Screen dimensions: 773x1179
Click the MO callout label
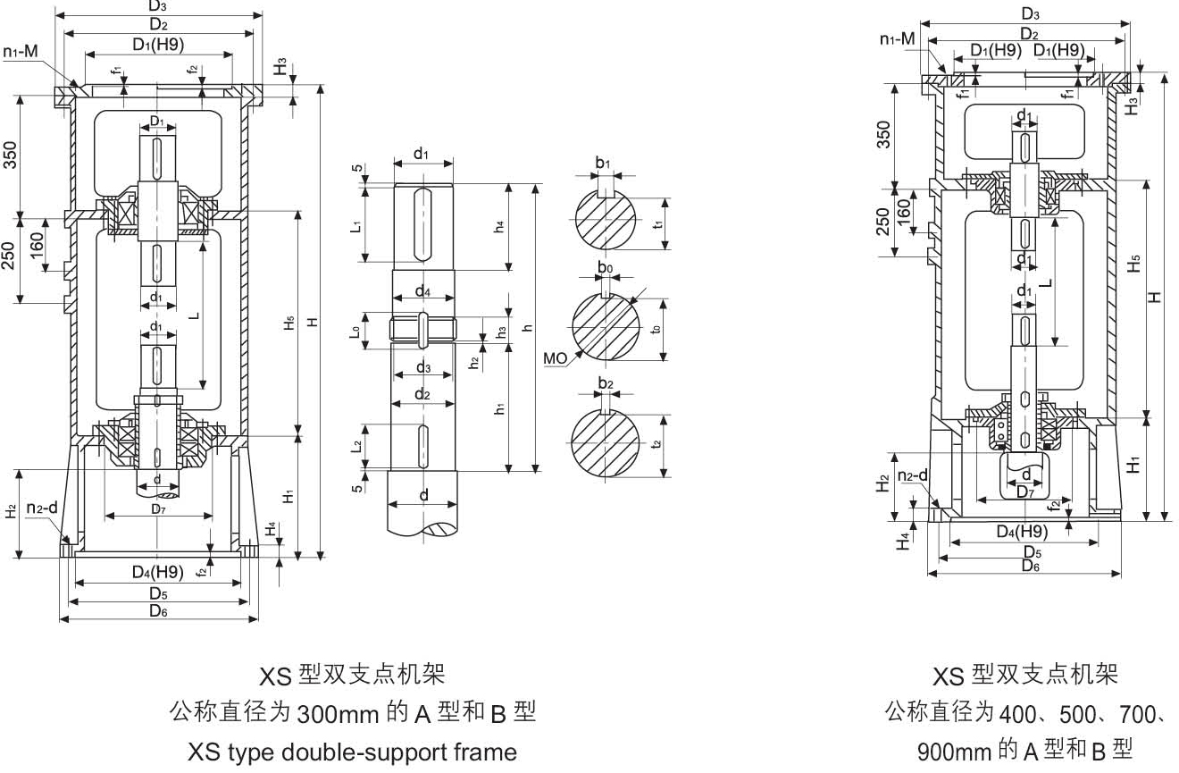(555, 357)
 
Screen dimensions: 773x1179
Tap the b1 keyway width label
(605, 164)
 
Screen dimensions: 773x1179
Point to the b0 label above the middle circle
(605, 267)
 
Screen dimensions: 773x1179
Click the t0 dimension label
(657, 329)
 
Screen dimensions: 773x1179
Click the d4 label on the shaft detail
(422, 291)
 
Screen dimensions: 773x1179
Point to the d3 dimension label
(422, 367)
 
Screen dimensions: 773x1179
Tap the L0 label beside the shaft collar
(355, 332)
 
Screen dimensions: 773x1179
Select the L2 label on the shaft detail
(355, 444)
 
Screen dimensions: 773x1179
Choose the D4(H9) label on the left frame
(157, 571)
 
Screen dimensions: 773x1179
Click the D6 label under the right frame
(1030, 566)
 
